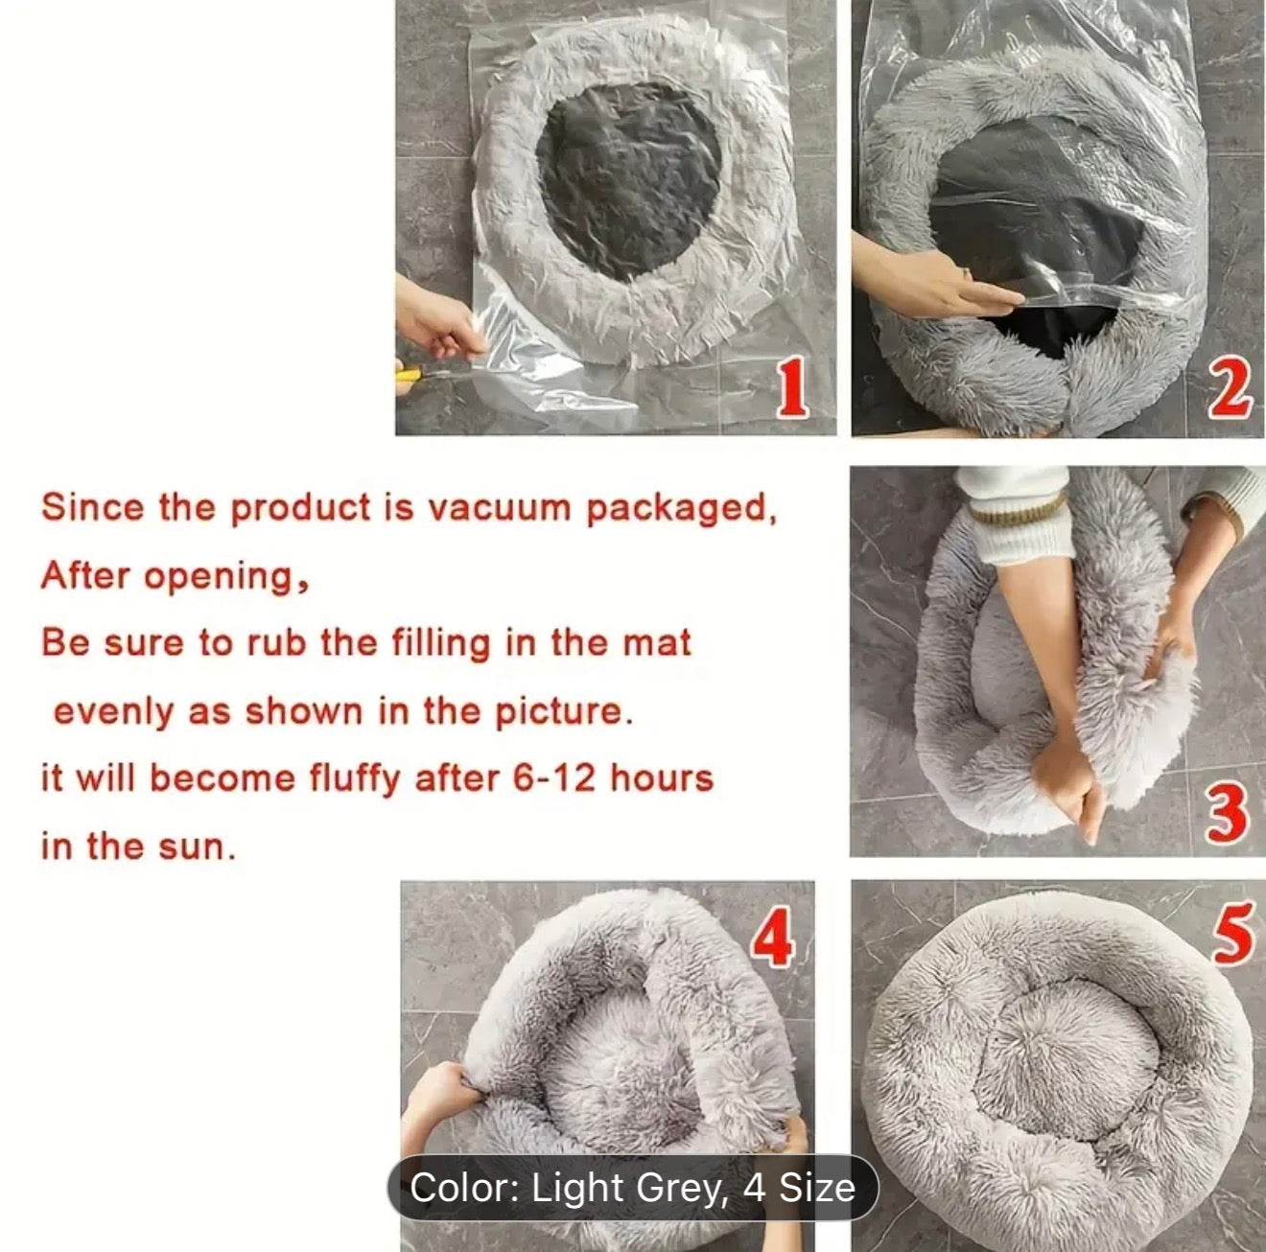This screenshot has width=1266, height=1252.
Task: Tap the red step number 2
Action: [x=1231, y=388]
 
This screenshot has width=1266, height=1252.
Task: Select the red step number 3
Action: [x=1228, y=813]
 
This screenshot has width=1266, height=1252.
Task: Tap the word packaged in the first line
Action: [x=680, y=509]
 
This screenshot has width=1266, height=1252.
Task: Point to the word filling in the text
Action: [x=440, y=643]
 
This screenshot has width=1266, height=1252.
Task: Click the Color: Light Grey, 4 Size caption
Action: [x=632, y=1188]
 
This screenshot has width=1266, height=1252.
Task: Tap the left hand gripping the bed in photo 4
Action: [x=439, y=1094]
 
